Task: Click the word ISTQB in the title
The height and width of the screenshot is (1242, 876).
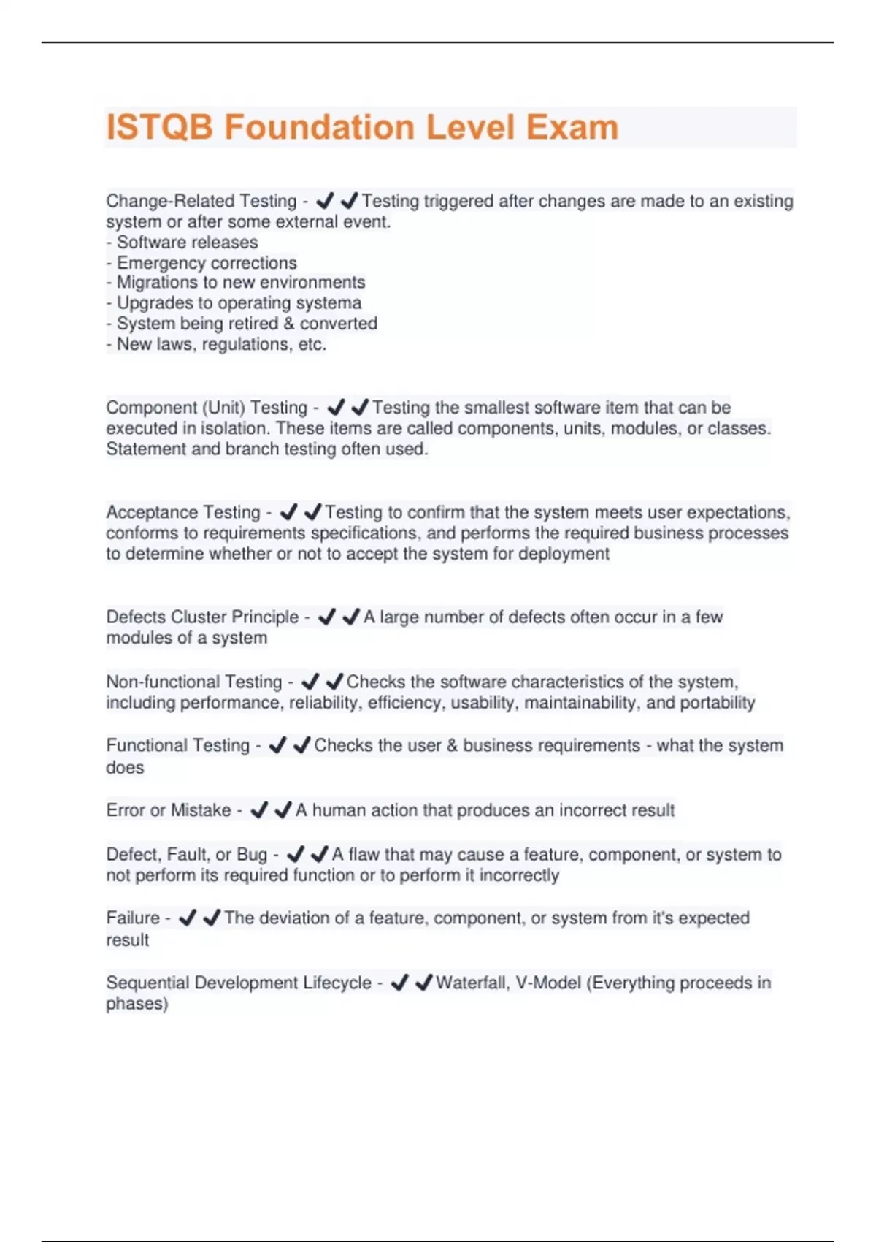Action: tap(160, 127)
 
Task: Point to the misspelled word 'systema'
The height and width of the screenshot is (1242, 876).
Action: tap(332, 303)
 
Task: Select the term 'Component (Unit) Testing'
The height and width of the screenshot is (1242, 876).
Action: tap(207, 408)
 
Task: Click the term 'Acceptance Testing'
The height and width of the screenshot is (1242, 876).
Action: tap(183, 512)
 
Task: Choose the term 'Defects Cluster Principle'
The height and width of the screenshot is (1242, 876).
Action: tap(202, 617)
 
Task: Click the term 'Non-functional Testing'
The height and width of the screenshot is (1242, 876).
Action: tap(193, 682)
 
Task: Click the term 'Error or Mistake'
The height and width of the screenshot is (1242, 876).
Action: tap(168, 810)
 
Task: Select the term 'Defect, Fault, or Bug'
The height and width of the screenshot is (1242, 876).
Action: tap(186, 855)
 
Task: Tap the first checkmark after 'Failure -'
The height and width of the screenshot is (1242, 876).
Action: tap(188, 918)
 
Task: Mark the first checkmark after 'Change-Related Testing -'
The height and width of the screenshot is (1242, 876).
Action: tap(325, 200)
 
